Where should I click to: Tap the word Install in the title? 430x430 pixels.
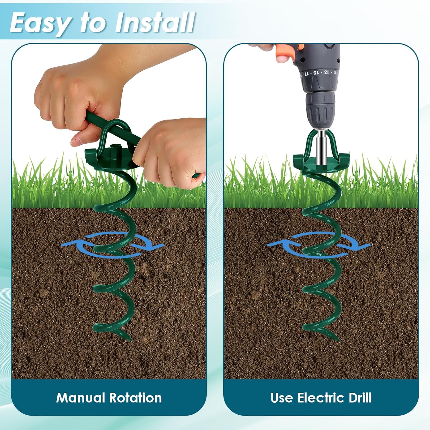pos(155,22)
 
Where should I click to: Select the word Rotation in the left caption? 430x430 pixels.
pos(136,398)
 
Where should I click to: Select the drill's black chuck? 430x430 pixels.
pos(320,110)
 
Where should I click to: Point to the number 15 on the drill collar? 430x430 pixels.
pos(316,73)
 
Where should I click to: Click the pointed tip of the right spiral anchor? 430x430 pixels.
pos(338,339)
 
